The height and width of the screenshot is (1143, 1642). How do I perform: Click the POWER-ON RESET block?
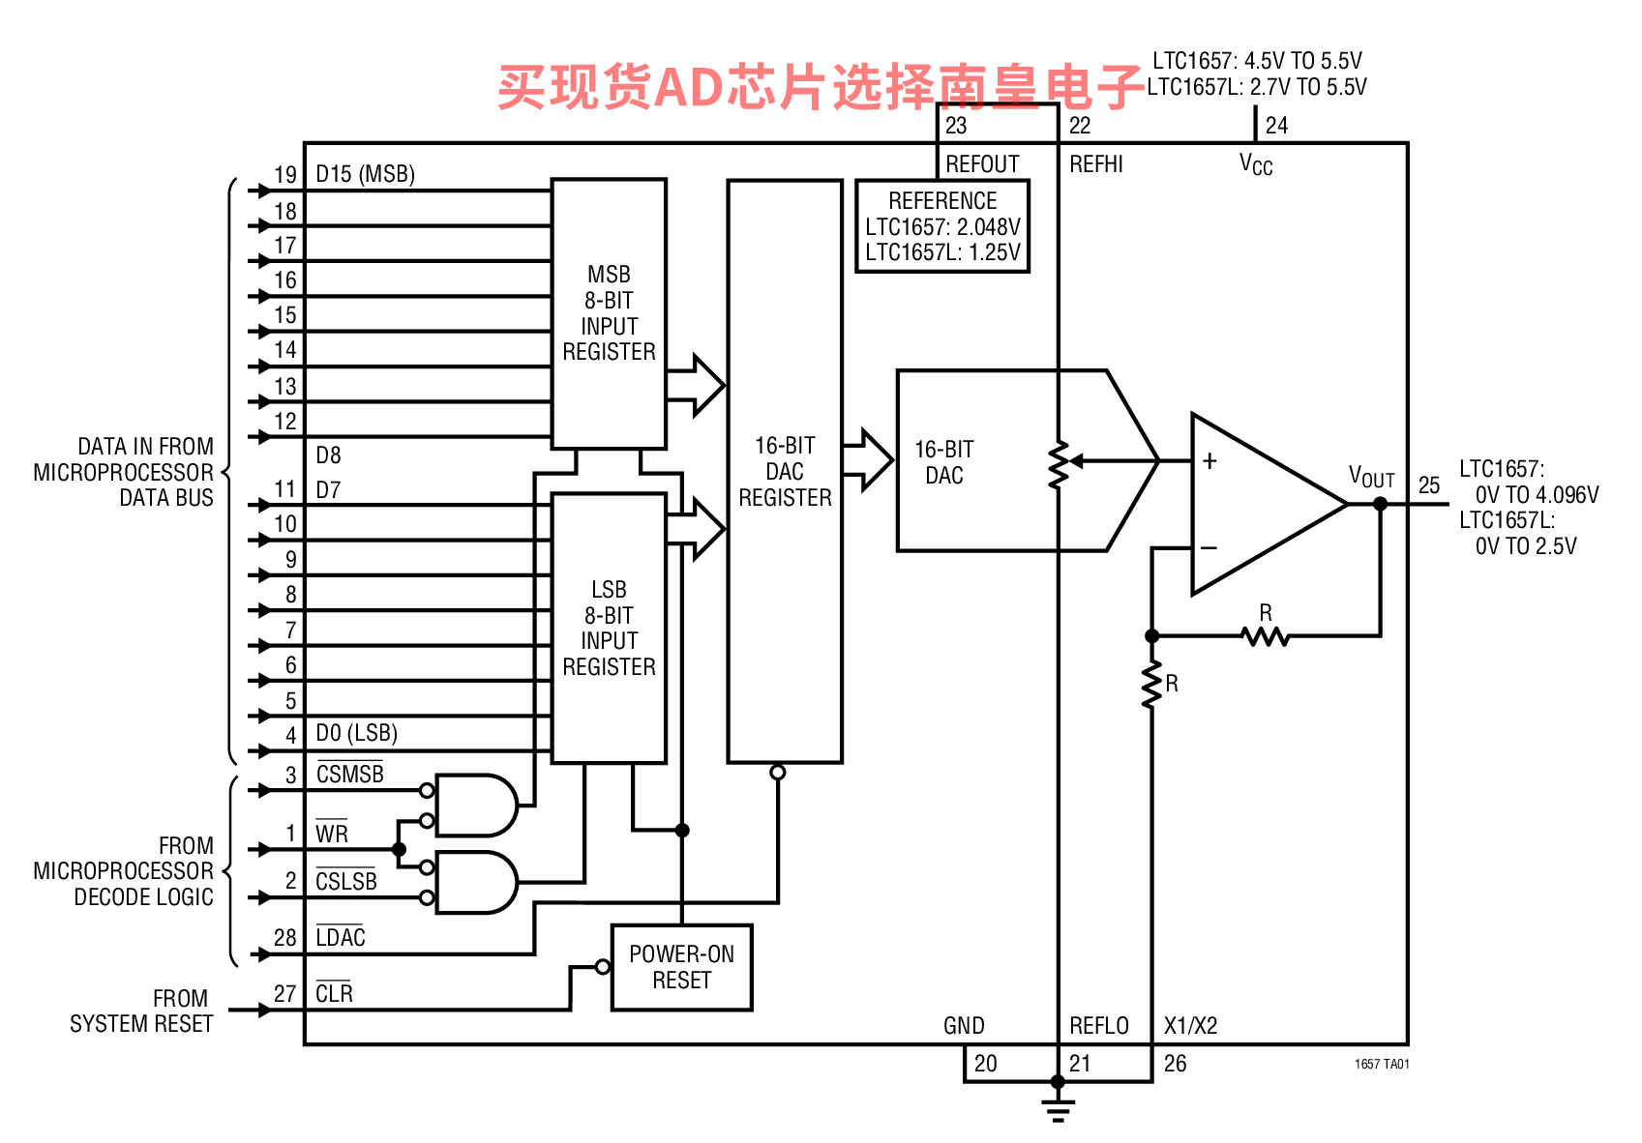[x=682, y=967]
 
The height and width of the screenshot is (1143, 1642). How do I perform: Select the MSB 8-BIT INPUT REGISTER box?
[x=609, y=313]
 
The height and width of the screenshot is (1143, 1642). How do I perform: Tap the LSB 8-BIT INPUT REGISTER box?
[x=609, y=628]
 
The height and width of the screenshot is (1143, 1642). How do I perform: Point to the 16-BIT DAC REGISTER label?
[x=785, y=471]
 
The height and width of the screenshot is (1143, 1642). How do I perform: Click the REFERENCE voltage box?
[x=942, y=226]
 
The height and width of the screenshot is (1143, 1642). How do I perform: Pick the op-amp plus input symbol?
[x=1209, y=460]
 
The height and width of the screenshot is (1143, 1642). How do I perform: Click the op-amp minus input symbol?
[x=1209, y=547]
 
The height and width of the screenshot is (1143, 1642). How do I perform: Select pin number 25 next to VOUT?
[x=1429, y=485]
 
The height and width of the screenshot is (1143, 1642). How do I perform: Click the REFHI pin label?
[x=1096, y=164]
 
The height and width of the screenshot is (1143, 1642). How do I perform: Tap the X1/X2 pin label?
[x=1190, y=1026]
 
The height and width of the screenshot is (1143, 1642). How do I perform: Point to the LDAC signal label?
[x=341, y=937]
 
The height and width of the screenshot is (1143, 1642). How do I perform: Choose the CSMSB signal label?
[x=349, y=774]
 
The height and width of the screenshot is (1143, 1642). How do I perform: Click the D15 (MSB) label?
[x=365, y=174]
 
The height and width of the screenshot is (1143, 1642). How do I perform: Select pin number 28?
[x=284, y=938]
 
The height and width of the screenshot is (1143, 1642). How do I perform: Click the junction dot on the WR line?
[x=399, y=849]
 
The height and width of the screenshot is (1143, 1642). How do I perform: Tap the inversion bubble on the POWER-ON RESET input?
[x=603, y=967]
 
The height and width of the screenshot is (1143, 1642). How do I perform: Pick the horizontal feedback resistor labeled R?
[x=1266, y=636]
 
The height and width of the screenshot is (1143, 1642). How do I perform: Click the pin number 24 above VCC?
[x=1276, y=126]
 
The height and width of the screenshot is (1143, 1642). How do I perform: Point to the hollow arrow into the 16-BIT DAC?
[x=868, y=460]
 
